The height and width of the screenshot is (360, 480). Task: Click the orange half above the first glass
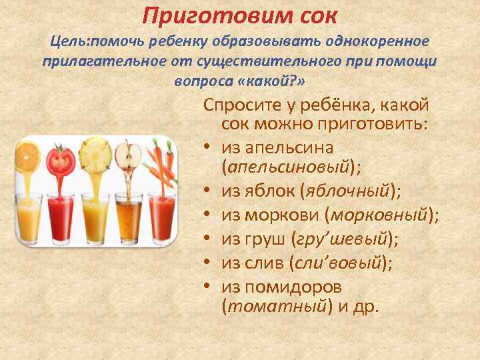[28, 154]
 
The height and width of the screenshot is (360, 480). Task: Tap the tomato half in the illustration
[61, 159]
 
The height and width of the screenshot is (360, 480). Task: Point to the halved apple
[128, 157]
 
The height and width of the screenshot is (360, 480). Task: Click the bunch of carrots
[161, 160]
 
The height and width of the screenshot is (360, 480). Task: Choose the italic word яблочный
[346, 193]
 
